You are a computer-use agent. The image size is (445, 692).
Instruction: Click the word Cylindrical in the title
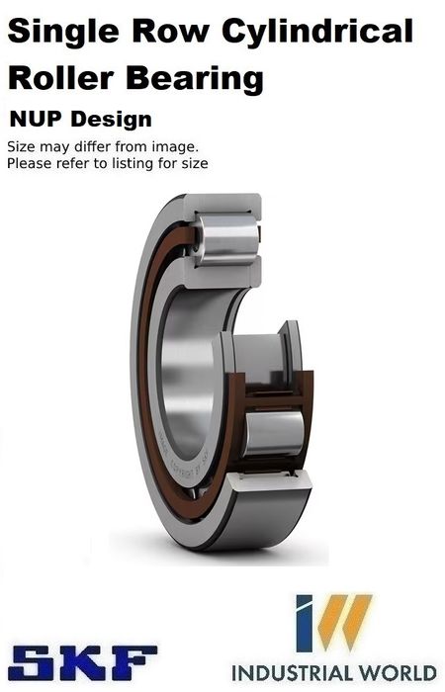[x=317, y=33]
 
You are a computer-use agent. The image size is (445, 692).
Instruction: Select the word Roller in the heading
[x=61, y=78]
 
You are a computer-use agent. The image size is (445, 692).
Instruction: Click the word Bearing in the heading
[x=195, y=80]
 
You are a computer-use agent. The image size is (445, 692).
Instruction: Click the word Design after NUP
[x=111, y=120]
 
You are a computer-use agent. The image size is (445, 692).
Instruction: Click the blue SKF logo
[x=82, y=662]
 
